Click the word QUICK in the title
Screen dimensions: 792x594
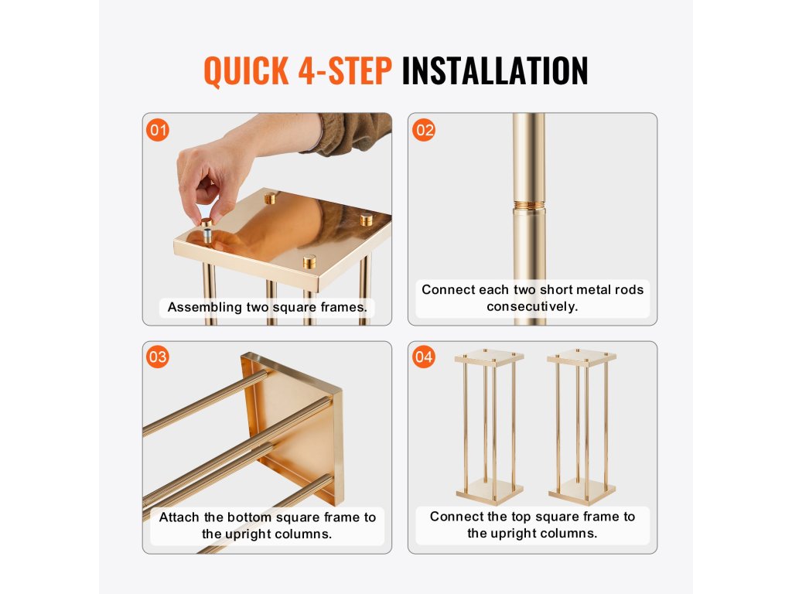(x=247, y=70)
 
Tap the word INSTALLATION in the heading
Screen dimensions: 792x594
(x=495, y=70)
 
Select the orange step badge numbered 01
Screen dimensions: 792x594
(x=158, y=130)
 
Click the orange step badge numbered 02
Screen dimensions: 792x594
(x=424, y=130)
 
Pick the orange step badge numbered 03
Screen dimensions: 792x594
(x=158, y=357)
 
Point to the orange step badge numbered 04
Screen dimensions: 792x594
(x=424, y=357)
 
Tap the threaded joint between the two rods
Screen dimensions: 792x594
(x=529, y=206)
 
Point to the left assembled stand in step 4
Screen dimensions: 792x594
(x=489, y=427)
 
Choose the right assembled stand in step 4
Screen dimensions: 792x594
(x=582, y=427)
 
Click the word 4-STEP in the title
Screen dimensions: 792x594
(x=345, y=70)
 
